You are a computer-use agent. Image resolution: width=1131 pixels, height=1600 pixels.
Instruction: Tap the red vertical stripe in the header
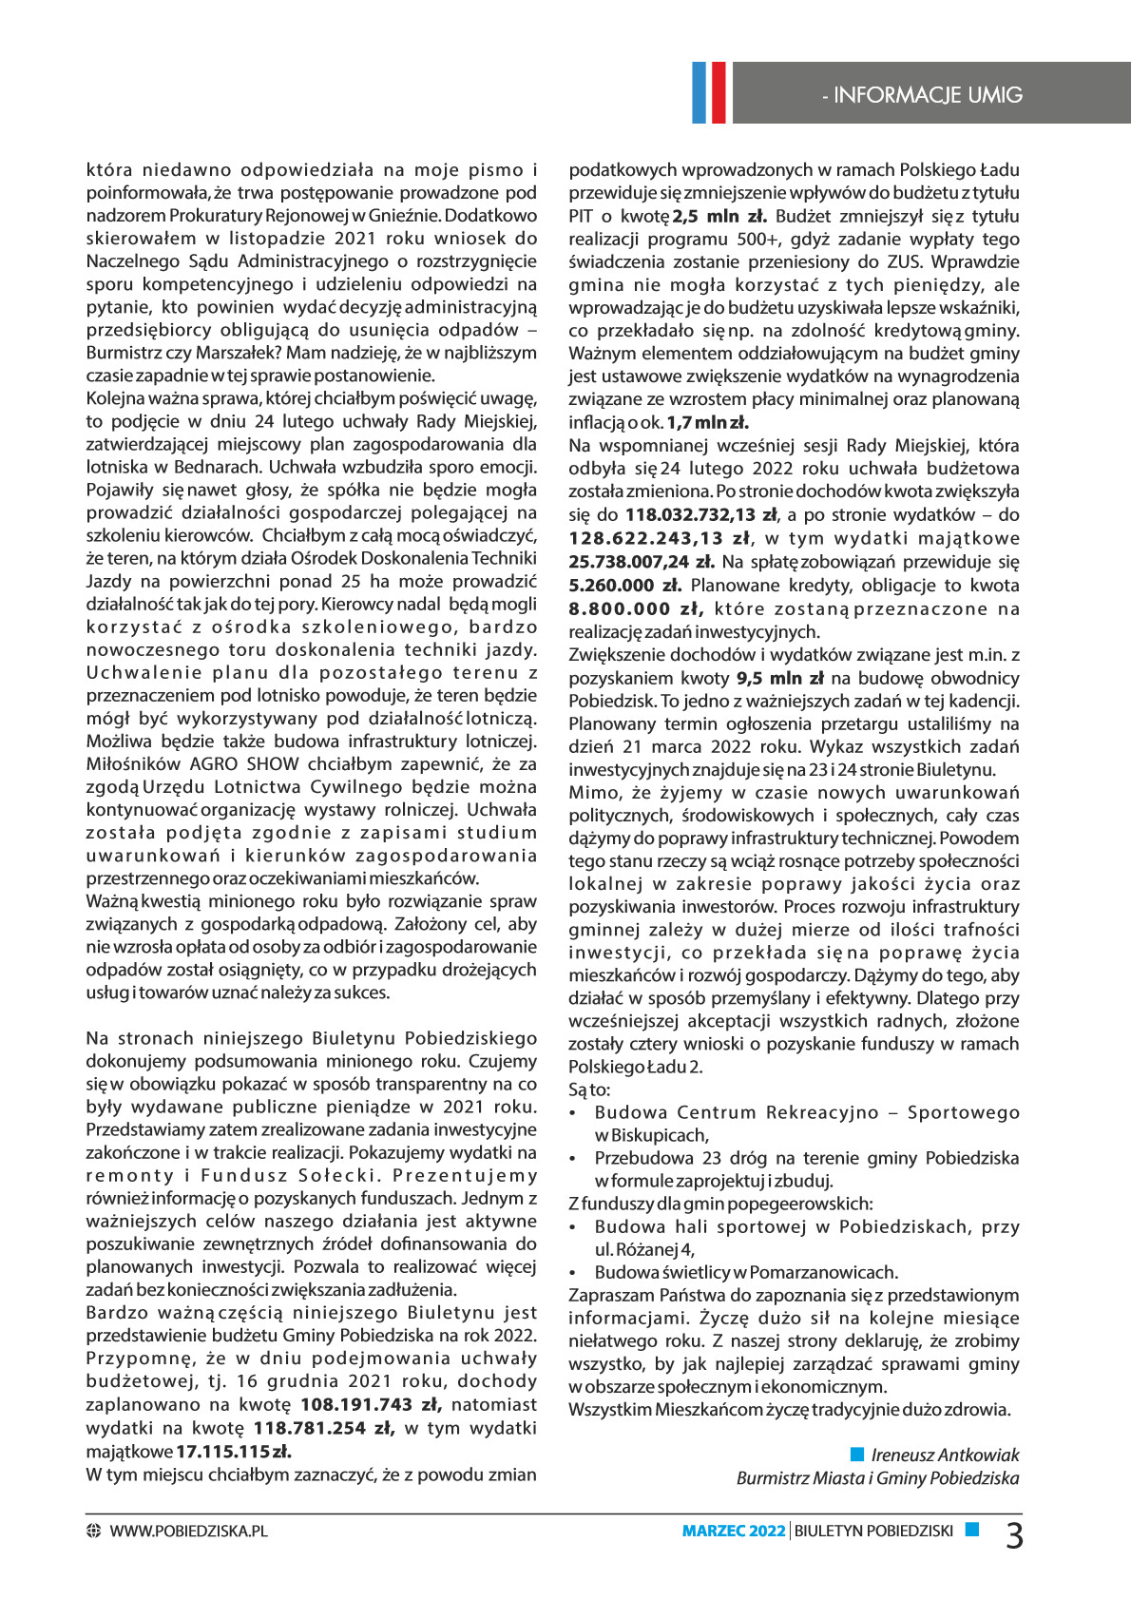[718, 92]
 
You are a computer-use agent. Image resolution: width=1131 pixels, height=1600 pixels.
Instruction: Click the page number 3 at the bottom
[1014, 1535]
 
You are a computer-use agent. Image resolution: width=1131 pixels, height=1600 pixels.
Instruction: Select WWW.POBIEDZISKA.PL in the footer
[188, 1531]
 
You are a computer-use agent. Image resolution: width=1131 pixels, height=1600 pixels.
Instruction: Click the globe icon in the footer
[93, 1531]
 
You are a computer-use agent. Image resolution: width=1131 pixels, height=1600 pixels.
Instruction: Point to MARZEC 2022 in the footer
[734, 1531]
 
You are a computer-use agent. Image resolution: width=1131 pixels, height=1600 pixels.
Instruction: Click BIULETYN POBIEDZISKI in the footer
[873, 1531]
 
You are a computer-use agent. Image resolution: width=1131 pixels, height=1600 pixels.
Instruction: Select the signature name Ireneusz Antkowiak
[945, 1455]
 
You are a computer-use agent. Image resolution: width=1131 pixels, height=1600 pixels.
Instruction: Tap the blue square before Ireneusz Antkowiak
[857, 1454]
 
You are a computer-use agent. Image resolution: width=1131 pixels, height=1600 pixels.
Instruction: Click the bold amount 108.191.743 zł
[371, 1404]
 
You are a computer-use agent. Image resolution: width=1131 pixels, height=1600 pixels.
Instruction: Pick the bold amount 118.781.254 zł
[323, 1427]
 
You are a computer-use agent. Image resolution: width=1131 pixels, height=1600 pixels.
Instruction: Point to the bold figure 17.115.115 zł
[234, 1451]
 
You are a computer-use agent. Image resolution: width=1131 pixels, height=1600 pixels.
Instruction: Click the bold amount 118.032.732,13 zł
[701, 514]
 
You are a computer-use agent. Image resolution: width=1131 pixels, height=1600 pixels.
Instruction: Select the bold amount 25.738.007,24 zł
[642, 562]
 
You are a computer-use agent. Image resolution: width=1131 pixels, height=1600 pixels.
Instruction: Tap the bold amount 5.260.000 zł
[624, 586]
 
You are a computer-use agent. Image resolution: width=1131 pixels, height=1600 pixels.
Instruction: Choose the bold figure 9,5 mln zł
[779, 678]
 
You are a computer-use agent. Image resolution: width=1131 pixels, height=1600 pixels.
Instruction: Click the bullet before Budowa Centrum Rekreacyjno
[573, 1113]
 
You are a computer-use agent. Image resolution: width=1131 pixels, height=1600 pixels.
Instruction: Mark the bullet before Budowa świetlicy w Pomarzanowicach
[573, 1273]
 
